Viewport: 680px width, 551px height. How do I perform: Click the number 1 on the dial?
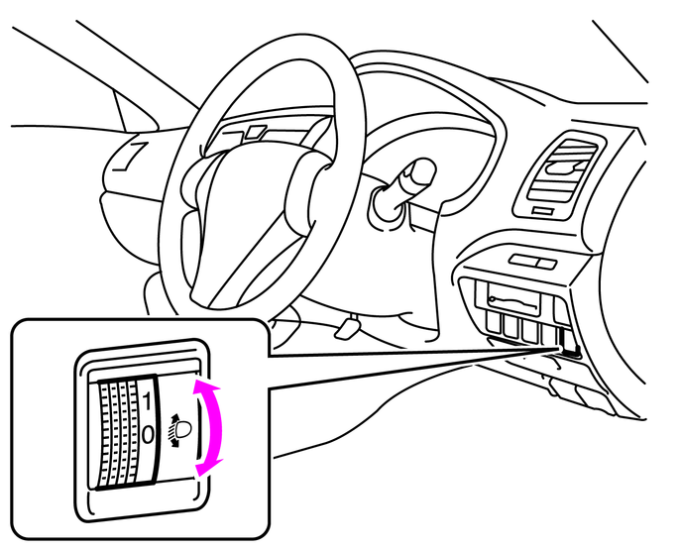click(148, 401)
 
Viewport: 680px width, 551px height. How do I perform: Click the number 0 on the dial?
click(148, 433)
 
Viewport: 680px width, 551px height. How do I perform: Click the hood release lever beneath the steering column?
click(349, 324)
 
